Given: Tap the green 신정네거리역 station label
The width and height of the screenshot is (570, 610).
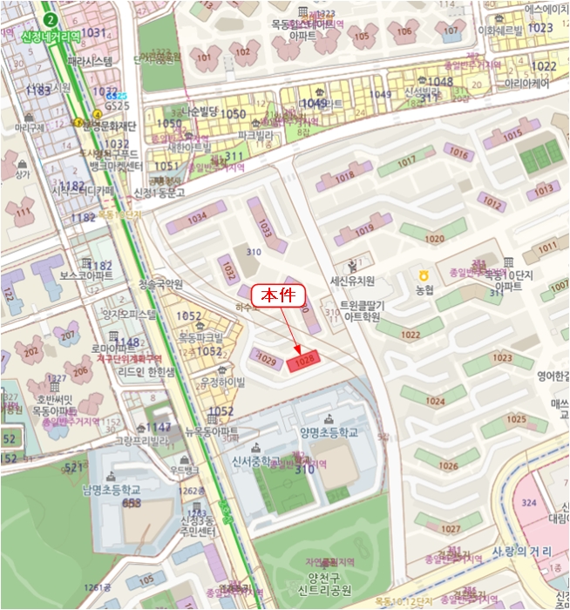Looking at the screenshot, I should point(51,36).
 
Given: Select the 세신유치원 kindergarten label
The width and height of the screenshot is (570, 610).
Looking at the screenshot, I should point(351,281).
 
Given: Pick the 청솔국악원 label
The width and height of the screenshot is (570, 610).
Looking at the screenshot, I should point(160,284).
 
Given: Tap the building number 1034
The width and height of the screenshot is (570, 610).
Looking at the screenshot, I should point(197,217).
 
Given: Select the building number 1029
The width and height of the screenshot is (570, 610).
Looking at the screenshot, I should point(267,360).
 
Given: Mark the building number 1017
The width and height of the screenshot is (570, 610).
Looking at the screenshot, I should point(406,163).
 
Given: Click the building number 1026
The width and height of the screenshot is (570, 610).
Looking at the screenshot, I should point(448,466).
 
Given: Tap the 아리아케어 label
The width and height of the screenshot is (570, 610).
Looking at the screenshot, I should point(526,85).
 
